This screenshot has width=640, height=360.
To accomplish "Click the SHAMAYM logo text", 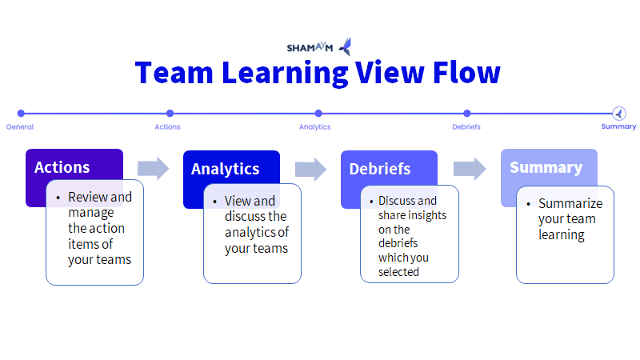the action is (x=310, y=48).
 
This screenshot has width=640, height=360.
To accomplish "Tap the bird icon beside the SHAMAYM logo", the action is (x=346, y=46).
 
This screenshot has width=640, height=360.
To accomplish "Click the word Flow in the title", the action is (x=466, y=73).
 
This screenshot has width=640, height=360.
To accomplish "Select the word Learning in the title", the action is (x=285, y=74).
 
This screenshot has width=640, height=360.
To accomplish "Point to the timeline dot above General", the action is (x=21, y=113).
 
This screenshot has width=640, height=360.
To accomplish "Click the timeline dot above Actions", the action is (x=170, y=113).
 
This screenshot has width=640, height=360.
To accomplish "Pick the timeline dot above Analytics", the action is (x=318, y=113).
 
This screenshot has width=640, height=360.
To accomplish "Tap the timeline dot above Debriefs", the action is (x=467, y=113).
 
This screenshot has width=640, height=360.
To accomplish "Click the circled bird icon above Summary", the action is (x=618, y=114).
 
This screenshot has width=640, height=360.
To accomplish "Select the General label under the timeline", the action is (x=19, y=127).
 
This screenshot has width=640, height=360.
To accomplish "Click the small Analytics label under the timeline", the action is (x=314, y=127).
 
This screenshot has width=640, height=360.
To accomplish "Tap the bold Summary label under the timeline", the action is (x=618, y=126).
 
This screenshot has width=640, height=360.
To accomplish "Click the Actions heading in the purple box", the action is (x=62, y=167).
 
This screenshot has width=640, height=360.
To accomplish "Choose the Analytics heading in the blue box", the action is (x=226, y=169).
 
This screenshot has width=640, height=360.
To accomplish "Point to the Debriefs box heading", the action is (x=380, y=169).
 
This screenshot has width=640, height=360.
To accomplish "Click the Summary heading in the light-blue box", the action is (x=546, y=168).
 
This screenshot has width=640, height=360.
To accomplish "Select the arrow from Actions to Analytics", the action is (x=153, y=168).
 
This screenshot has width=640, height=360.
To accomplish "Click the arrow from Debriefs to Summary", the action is (x=470, y=168).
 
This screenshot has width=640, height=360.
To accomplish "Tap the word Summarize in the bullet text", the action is (x=570, y=203).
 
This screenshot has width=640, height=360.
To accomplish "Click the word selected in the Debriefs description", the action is (x=398, y=272).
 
